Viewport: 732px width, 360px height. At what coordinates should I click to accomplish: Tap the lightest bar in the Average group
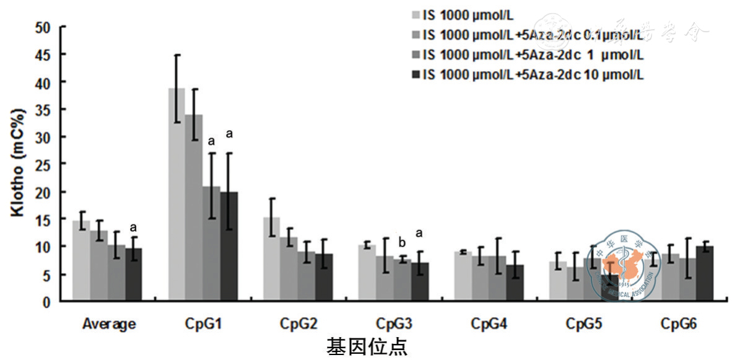click(81, 261)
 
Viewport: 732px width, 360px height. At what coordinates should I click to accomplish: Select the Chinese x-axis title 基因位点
click(367, 347)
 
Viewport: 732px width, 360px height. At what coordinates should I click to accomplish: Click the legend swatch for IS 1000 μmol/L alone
click(416, 15)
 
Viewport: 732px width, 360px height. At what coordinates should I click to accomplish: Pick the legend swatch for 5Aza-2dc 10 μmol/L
click(416, 74)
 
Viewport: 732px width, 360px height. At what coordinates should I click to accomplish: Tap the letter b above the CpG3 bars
click(401, 242)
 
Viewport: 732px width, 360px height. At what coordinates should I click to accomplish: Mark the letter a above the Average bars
click(133, 227)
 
